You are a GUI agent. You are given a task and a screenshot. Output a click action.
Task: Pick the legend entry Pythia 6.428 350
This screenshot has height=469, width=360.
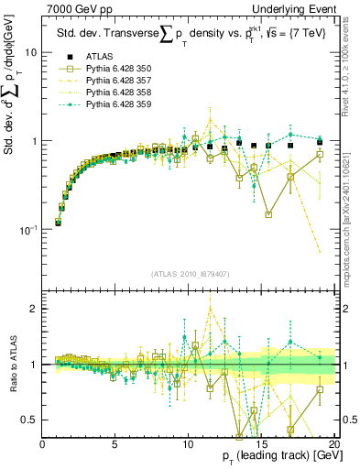click(119, 69)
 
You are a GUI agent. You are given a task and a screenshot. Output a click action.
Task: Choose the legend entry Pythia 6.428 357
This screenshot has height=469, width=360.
click(119, 81)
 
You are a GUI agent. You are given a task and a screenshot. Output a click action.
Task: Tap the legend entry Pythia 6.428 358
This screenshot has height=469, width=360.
click(119, 93)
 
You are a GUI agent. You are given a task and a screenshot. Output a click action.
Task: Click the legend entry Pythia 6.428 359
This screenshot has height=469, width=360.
click(119, 104)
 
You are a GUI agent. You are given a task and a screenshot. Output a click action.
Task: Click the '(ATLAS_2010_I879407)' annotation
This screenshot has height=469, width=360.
click(189, 272)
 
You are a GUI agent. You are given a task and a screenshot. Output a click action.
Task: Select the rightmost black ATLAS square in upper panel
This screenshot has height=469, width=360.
click(319, 142)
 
